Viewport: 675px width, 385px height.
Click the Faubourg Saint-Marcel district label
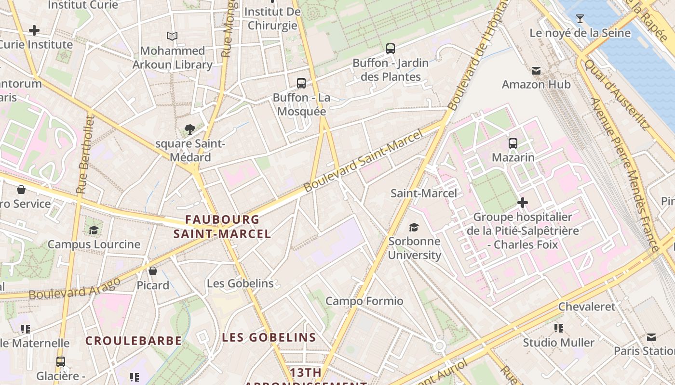(x=222, y=227)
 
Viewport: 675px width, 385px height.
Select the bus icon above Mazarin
(x=513, y=143)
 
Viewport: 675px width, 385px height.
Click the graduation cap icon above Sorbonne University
(x=414, y=227)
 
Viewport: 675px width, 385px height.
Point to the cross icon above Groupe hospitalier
(x=522, y=203)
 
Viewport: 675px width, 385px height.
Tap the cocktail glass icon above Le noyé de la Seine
(x=580, y=19)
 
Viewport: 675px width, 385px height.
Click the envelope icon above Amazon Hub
(x=536, y=71)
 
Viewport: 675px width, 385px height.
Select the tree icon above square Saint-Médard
(x=189, y=129)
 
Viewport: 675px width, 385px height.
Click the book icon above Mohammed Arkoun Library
(x=172, y=36)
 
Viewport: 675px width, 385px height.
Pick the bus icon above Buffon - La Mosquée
(x=301, y=83)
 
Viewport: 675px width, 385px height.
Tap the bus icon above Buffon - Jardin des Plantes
(x=391, y=48)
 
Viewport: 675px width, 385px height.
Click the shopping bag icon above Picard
(x=153, y=271)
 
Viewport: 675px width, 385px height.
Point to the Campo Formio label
(x=364, y=301)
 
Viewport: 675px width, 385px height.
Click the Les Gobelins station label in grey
(x=240, y=283)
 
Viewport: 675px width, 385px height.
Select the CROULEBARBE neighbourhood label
(x=134, y=341)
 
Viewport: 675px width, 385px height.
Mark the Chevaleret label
(x=587, y=307)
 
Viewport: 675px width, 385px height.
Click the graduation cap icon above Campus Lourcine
(x=94, y=230)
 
